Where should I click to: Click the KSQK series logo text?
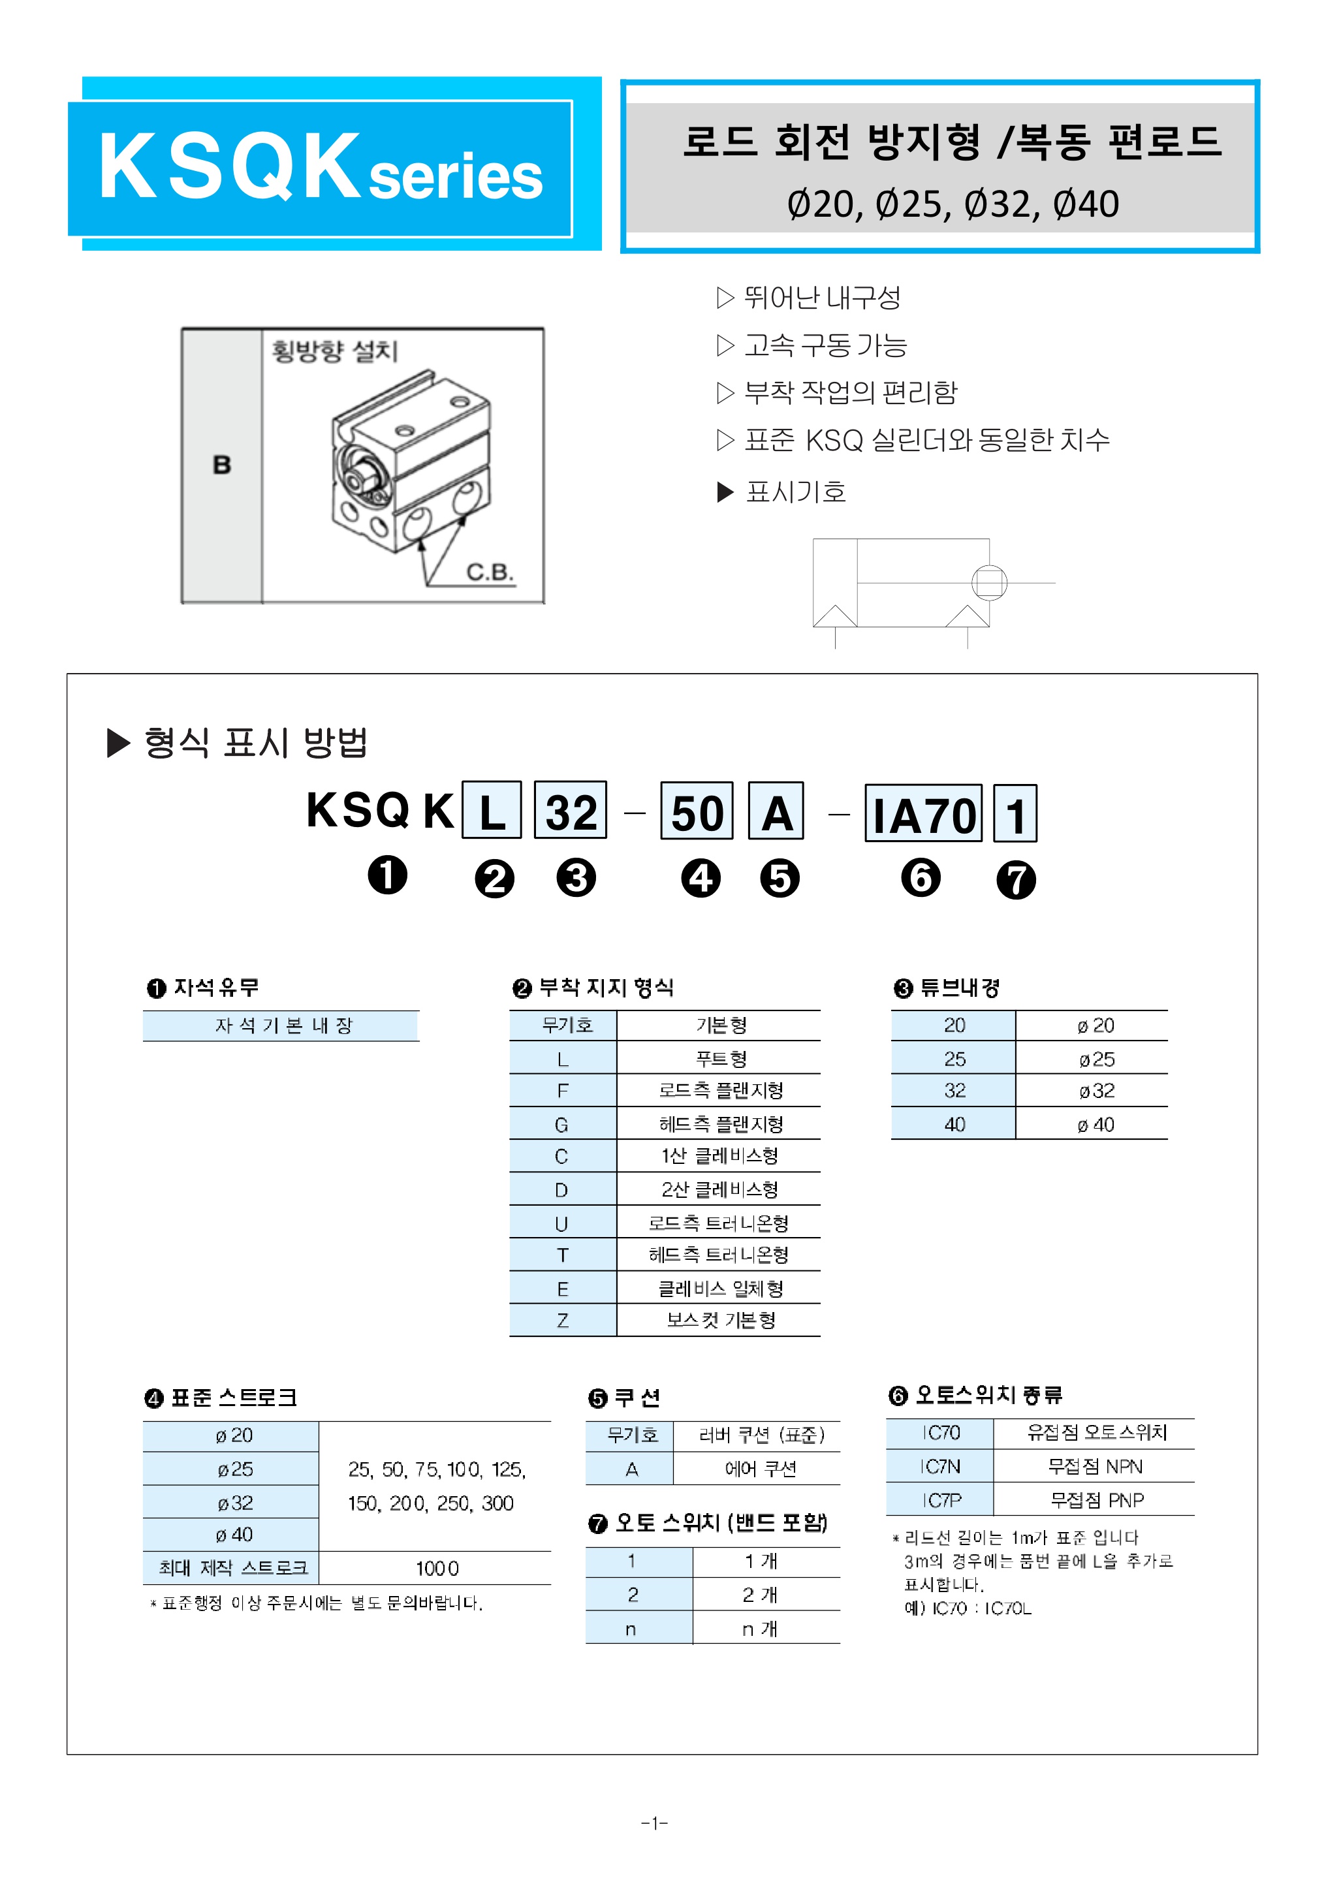[x=319, y=168]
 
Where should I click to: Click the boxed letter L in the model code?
[x=492, y=811]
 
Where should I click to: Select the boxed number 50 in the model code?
[x=697, y=812]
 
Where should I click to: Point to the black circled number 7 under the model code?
[x=1016, y=880]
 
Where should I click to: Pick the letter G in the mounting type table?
[x=561, y=1125]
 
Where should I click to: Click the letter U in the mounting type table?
[x=561, y=1223]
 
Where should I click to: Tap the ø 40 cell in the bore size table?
[x=1095, y=1125]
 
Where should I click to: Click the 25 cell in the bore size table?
[x=954, y=1059]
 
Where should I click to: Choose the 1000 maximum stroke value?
[x=436, y=1569]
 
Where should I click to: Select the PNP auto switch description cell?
[x=1096, y=1500]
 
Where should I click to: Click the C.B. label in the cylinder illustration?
[x=489, y=572]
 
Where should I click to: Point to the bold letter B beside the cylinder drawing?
[x=222, y=465]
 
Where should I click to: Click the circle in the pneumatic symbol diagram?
[x=988, y=583]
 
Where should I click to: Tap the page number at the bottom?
[x=654, y=1823]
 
